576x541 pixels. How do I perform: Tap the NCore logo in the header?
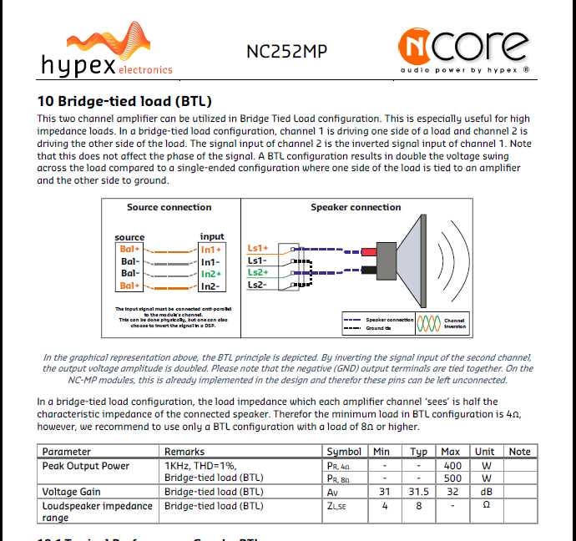(x=463, y=49)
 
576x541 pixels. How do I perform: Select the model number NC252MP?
(x=286, y=51)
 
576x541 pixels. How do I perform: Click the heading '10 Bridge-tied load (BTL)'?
(x=124, y=102)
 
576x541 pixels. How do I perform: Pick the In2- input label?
(x=211, y=286)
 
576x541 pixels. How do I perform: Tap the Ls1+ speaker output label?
(x=258, y=248)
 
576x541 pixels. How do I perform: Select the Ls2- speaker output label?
(x=258, y=285)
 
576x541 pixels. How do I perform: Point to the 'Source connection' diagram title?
(x=169, y=207)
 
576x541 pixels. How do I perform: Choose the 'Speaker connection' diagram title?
(x=356, y=207)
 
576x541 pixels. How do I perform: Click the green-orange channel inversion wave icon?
(x=428, y=323)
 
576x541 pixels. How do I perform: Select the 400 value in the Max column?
(x=452, y=465)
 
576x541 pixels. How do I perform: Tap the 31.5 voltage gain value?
(x=419, y=492)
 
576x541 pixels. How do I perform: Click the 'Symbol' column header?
(x=344, y=452)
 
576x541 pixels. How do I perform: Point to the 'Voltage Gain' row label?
(x=72, y=492)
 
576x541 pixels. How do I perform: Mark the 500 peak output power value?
(x=452, y=478)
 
